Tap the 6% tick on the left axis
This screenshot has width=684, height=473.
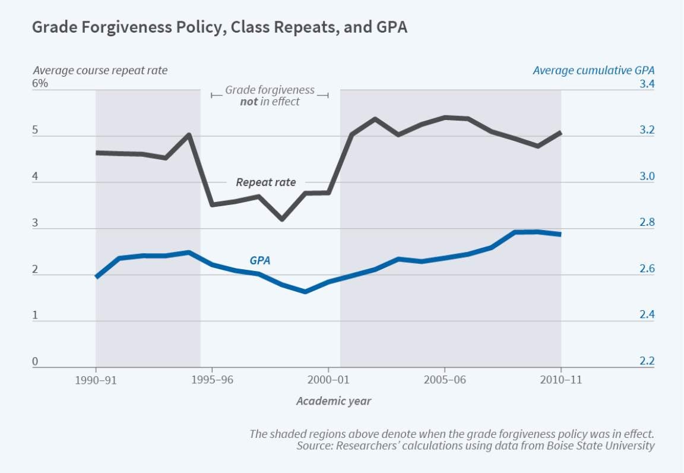coord(40,83)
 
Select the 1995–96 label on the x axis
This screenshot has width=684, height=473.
coord(212,380)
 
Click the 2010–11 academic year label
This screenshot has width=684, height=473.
coord(561,380)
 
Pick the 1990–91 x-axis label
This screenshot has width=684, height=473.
coord(96,380)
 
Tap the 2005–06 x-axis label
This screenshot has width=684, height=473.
coord(445,380)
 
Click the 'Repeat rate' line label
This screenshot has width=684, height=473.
coord(265,182)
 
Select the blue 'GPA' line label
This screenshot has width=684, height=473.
coord(260,260)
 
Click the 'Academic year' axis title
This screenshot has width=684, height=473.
coord(334,401)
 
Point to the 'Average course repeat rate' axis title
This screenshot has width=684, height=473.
coord(100,70)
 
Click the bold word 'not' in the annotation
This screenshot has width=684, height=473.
coord(249,102)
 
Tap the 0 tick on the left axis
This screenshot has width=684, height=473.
coord(35,361)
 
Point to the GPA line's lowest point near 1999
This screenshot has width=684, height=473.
coord(305,292)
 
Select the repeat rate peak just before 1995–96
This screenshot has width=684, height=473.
coord(189,135)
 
